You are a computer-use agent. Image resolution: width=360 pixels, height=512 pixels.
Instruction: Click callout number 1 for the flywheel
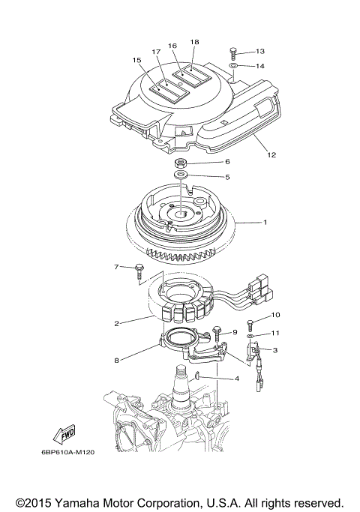coord(264,222)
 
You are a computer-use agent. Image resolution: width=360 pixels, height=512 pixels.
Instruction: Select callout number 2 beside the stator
coord(117,324)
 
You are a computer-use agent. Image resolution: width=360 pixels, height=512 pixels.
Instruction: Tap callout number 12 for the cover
coord(271,156)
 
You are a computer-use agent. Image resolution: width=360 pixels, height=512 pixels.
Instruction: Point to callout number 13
coord(259,51)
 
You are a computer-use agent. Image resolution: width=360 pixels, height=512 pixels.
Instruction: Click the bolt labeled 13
coord(234,52)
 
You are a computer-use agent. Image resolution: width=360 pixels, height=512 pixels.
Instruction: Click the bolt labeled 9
coord(217,331)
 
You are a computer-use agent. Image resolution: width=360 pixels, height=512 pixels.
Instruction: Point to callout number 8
coord(117,360)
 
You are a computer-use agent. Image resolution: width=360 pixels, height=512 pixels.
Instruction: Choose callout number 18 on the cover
coord(194,42)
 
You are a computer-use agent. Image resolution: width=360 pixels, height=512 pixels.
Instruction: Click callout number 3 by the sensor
coord(275,349)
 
